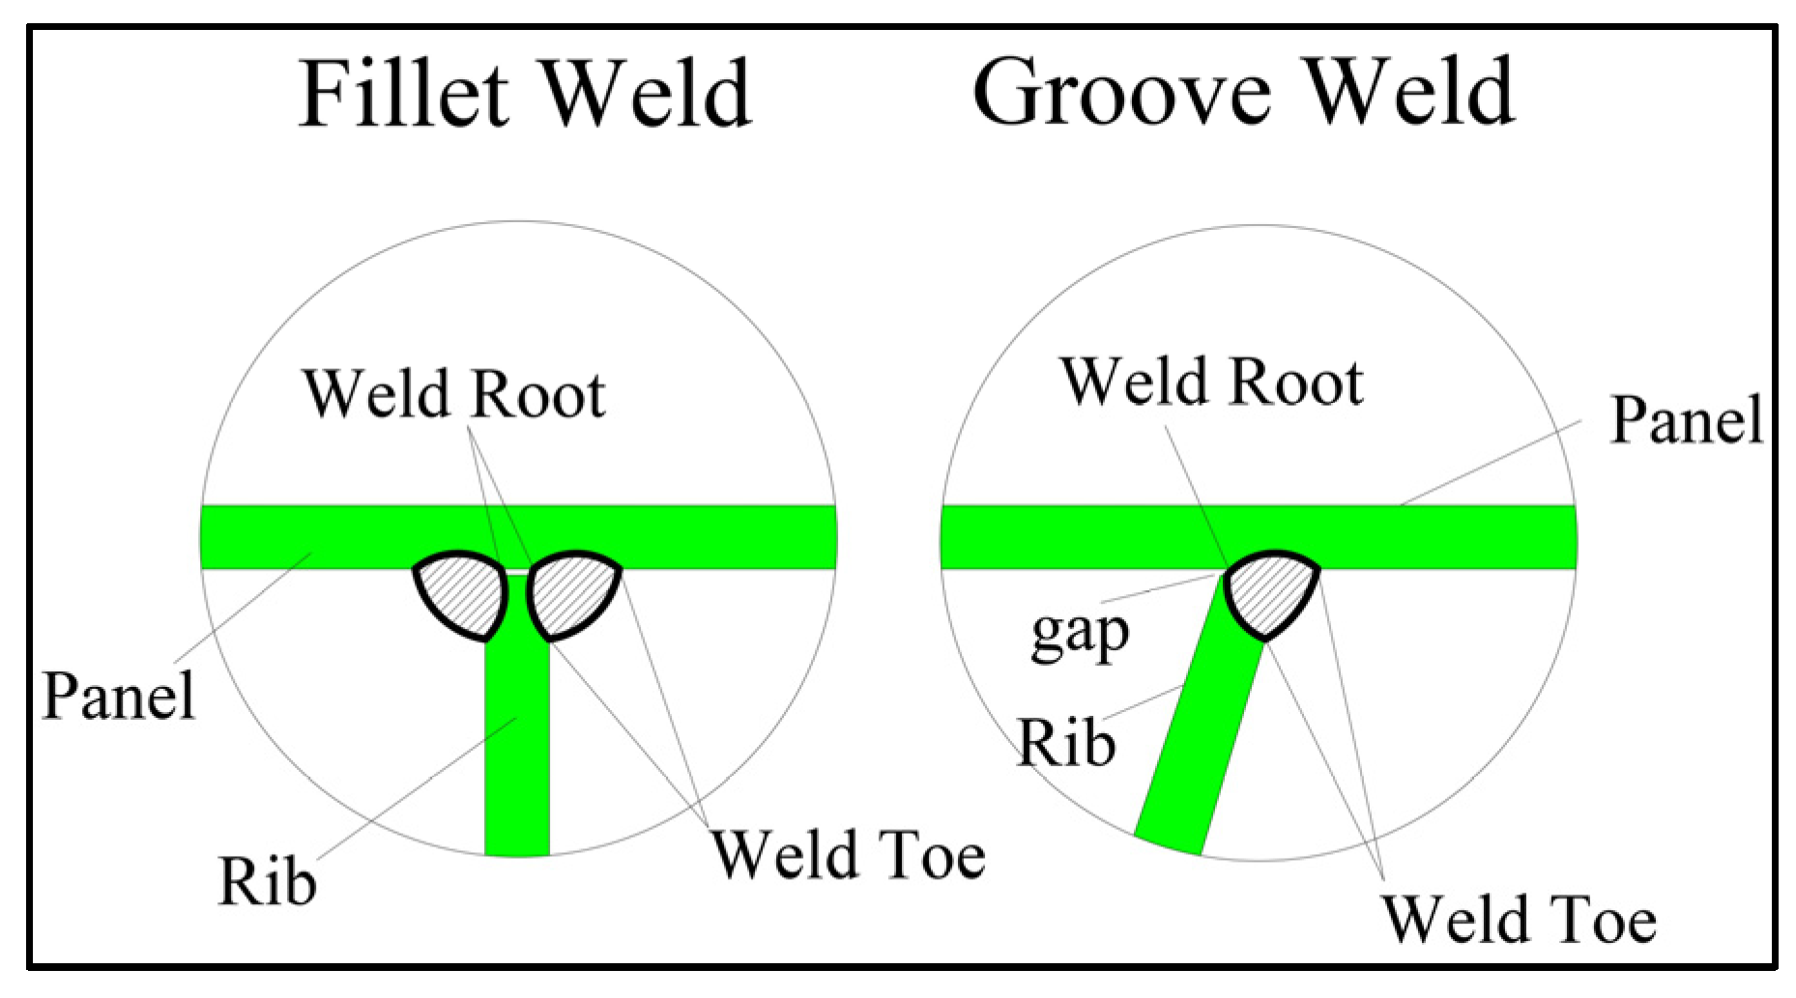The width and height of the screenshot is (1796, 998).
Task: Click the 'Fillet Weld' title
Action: click(x=525, y=94)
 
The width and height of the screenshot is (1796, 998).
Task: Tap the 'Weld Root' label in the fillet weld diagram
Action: click(x=453, y=394)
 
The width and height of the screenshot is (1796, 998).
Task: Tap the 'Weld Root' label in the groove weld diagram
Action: click(x=1211, y=382)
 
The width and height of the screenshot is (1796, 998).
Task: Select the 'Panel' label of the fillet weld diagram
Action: click(x=119, y=696)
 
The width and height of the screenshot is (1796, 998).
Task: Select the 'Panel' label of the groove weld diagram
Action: click(x=1687, y=420)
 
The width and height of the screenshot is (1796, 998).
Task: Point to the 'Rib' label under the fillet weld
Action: click(x=267, y=881)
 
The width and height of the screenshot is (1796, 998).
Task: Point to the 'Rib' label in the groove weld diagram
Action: click(x=1066, y=743)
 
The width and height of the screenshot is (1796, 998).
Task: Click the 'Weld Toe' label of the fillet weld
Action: click(x=848, y=855)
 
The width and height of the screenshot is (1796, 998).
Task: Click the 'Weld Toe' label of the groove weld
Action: click(x=1519, y=919)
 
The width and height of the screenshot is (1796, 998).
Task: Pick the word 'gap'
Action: click(x=1080, y=635)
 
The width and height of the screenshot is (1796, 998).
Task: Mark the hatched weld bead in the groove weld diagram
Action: click(x=1270, y=592)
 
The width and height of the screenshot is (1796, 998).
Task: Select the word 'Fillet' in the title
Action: click(x=403, y=94)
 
